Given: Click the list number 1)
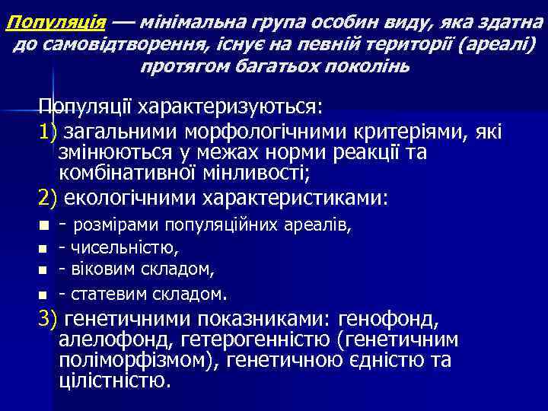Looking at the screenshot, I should coord(49,132).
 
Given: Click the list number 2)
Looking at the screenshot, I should coord(49,198).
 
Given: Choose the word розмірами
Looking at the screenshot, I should coord(118,225).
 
